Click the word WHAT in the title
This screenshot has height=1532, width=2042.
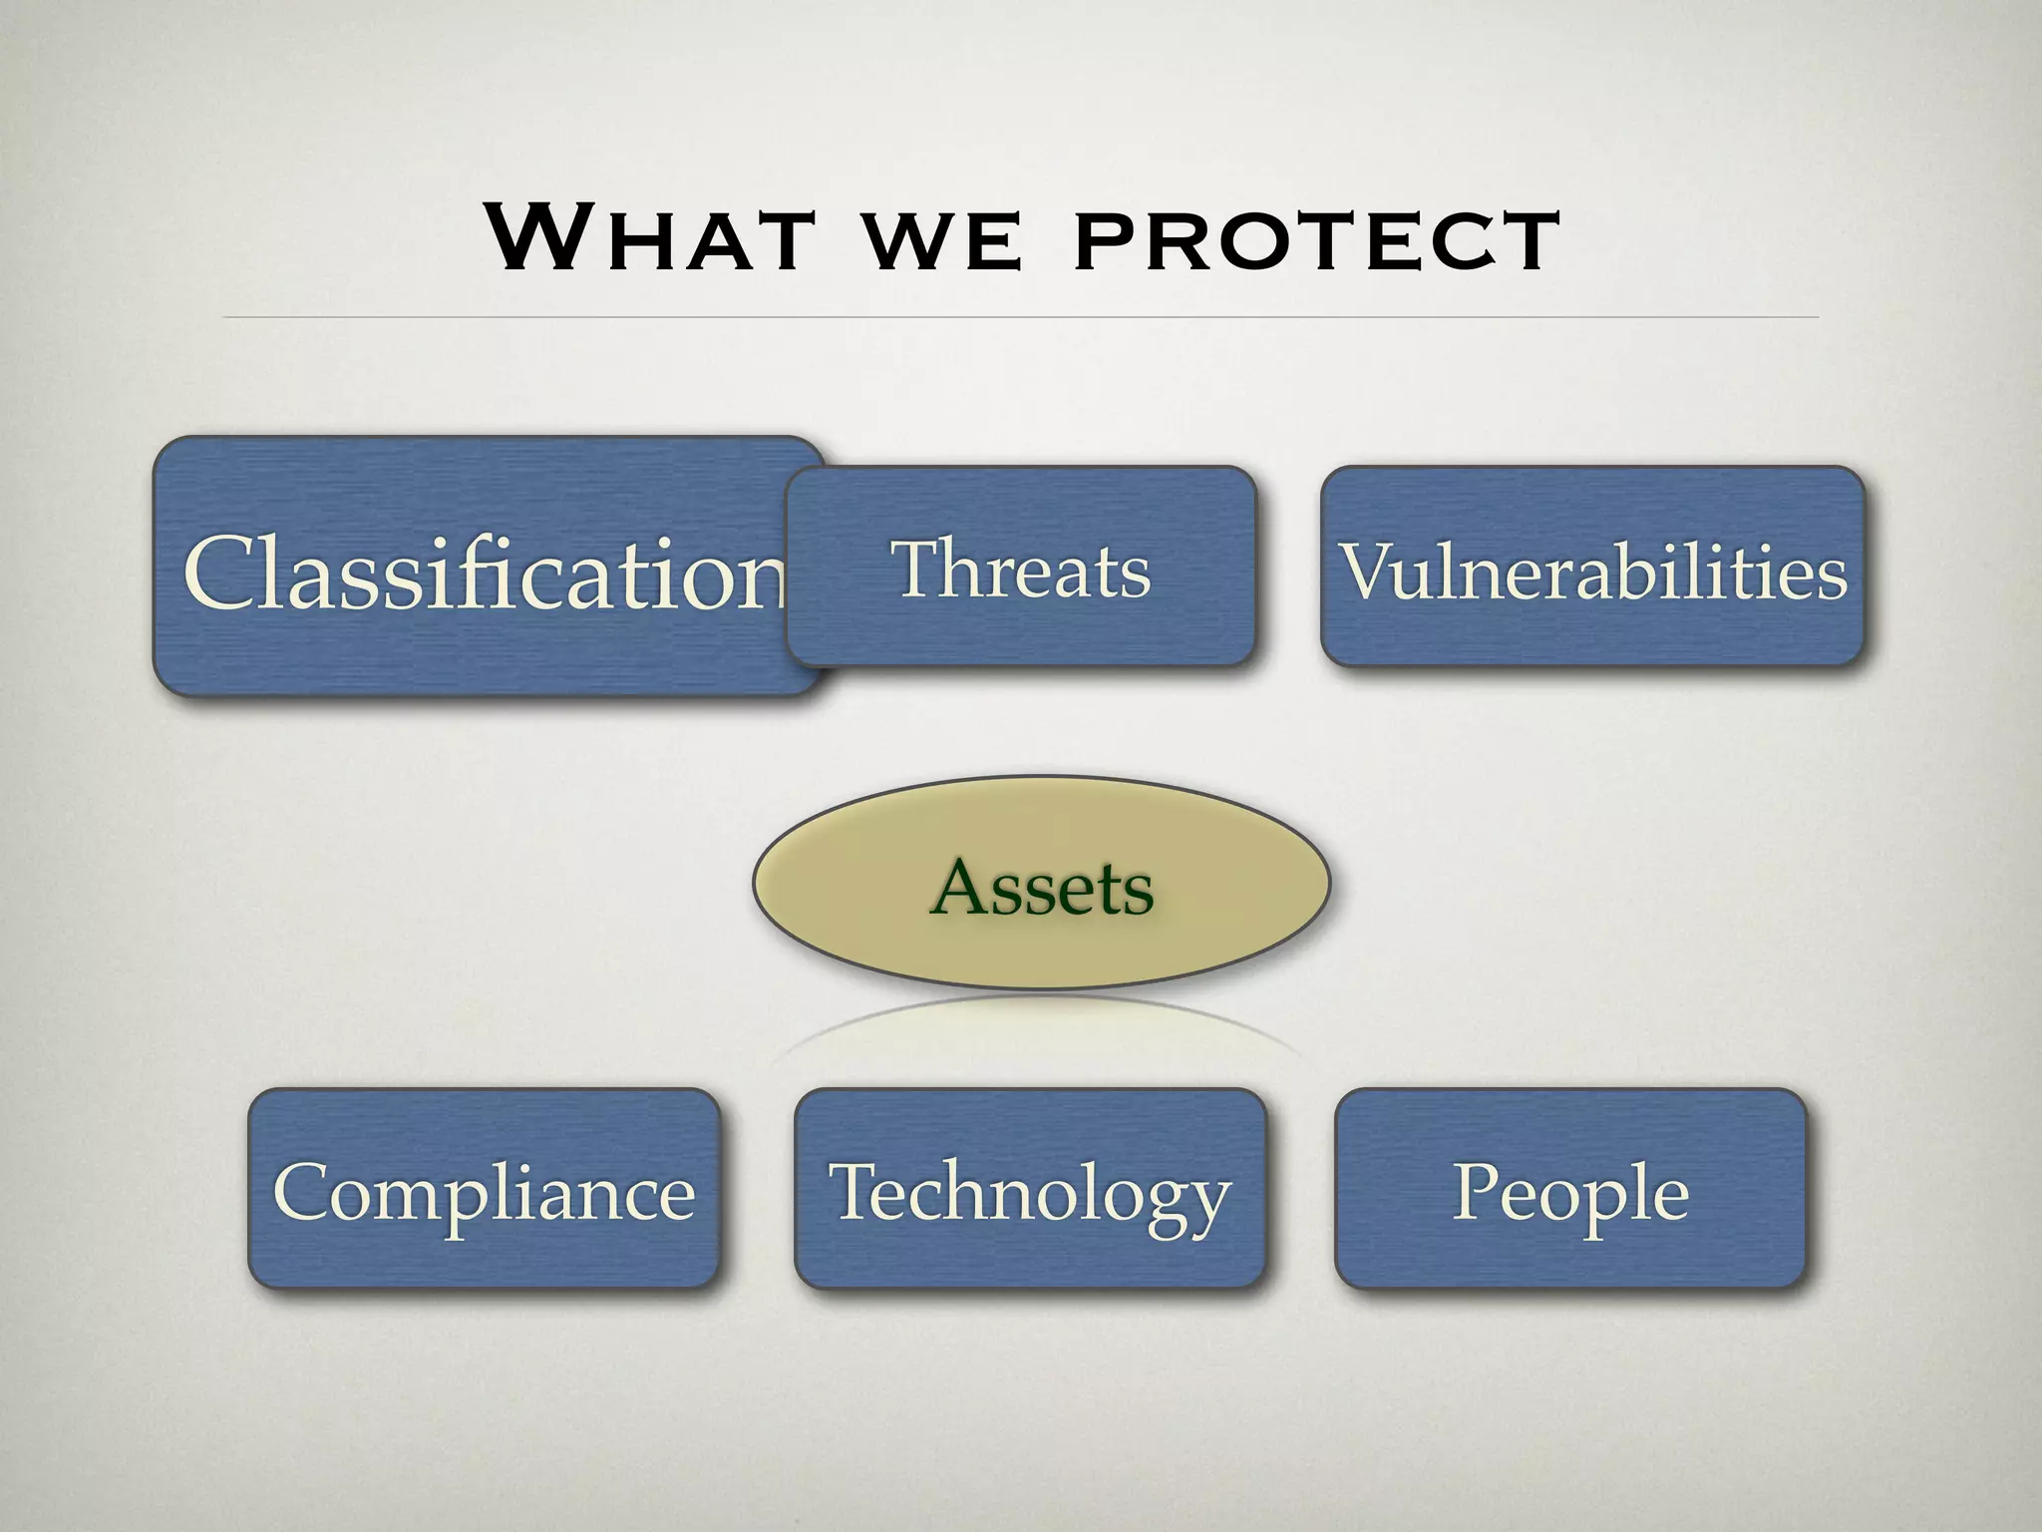click(x=648, y=238)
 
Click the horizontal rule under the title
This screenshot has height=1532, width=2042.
click(x=1020, y=317)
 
